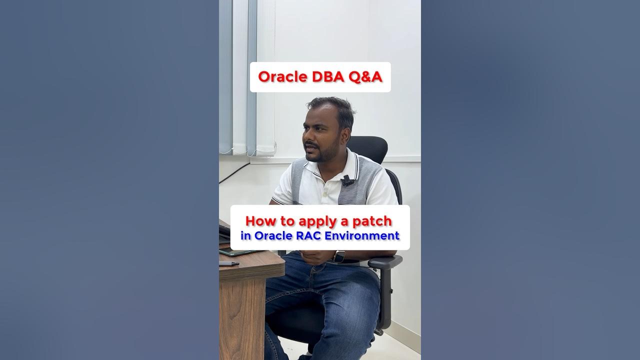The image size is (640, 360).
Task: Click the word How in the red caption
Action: tap(258, 220)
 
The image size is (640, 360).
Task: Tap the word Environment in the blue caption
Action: tap(362, 235)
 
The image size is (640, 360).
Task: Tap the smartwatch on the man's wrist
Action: tap(340, 256)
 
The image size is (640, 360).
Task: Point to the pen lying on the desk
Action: tap(228, 263)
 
